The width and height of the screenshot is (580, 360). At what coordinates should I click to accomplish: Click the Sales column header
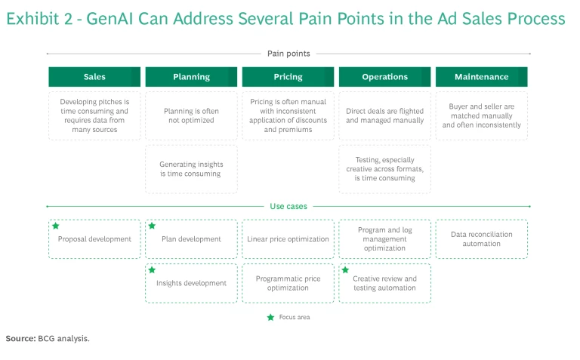point(94,77)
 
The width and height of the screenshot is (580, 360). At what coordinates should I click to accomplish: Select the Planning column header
point(191,77)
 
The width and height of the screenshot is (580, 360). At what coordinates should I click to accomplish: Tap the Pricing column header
point(288,77)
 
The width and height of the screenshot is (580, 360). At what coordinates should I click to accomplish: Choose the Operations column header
point(384,77)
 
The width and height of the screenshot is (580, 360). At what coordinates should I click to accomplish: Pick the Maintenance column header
point(481,77)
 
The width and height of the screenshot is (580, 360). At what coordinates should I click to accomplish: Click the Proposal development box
point(94,239)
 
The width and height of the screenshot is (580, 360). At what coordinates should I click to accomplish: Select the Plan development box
point(191,239)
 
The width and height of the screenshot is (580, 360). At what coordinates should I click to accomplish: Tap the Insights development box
point(191,283)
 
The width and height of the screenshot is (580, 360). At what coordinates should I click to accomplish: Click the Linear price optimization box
point(288,239)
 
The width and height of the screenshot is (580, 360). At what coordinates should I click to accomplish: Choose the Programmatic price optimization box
point(288,283)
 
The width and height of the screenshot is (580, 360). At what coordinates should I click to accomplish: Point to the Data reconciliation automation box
point(481,239)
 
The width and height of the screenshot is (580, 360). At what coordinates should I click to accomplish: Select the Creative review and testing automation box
point(384,283)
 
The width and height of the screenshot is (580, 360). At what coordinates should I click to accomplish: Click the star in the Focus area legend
point(270,317)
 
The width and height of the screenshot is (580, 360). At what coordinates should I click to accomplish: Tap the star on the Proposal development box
point(55,226)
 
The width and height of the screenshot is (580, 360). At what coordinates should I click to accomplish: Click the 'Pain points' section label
point(288,54)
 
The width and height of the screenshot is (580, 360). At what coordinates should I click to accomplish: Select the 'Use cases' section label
point(288,206)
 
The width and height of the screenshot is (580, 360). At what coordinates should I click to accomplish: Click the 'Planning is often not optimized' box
point(191,115)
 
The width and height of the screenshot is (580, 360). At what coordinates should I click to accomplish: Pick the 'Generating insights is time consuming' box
point(191,168)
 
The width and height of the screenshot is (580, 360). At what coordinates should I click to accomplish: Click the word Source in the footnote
point(20,338)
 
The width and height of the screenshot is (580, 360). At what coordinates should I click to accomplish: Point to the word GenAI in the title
point(111,18)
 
